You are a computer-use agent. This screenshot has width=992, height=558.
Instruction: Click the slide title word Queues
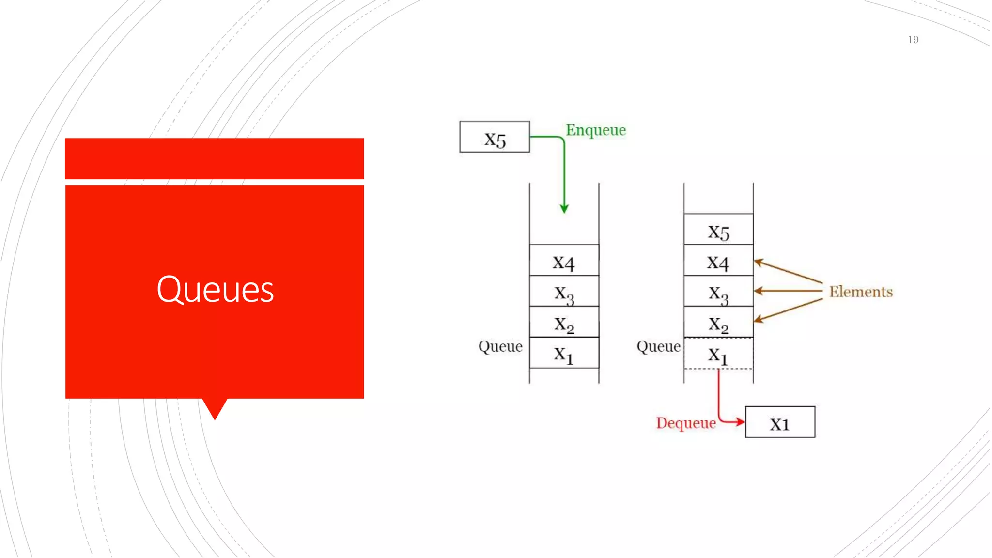215,289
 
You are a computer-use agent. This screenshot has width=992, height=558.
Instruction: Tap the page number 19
913,40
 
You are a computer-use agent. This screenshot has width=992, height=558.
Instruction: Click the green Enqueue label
596,130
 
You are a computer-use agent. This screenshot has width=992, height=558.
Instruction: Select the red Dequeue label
686,423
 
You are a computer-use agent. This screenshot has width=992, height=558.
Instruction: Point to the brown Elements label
861,292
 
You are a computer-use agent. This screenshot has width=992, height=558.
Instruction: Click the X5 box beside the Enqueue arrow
495,137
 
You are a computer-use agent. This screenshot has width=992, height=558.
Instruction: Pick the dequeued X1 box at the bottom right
780,422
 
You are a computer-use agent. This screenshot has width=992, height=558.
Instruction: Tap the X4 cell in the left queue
564,261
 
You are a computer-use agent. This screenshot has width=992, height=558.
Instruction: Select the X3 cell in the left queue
564,292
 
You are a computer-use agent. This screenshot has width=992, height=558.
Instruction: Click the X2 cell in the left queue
564,323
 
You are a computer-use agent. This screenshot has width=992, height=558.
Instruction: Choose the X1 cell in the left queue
564,353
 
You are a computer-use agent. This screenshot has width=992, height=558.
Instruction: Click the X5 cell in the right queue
718,230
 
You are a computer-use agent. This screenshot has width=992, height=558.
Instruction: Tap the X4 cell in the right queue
718,261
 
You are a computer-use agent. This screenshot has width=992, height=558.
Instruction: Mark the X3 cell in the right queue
718,292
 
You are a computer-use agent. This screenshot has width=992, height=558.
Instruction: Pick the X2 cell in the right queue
718,323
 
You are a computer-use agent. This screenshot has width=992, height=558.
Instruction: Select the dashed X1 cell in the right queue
718,354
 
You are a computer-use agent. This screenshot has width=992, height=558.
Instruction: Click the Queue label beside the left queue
500,346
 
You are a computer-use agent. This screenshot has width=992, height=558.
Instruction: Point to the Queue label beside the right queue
658,346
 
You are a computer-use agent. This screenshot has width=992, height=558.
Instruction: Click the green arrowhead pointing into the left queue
564,209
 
